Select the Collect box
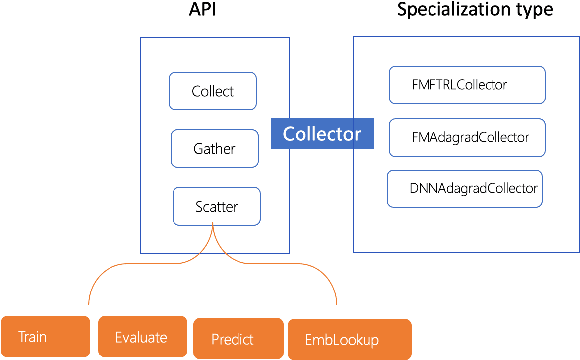coord(213,91)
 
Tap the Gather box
coord(214,148)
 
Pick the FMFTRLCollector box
coord(466,84)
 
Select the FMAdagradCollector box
coord(468,137)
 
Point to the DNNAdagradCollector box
coord(465,187)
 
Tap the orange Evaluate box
coord(139,336)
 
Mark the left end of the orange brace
coord(90,303)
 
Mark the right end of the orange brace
coord(336,303)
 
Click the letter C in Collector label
coord(288,134)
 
